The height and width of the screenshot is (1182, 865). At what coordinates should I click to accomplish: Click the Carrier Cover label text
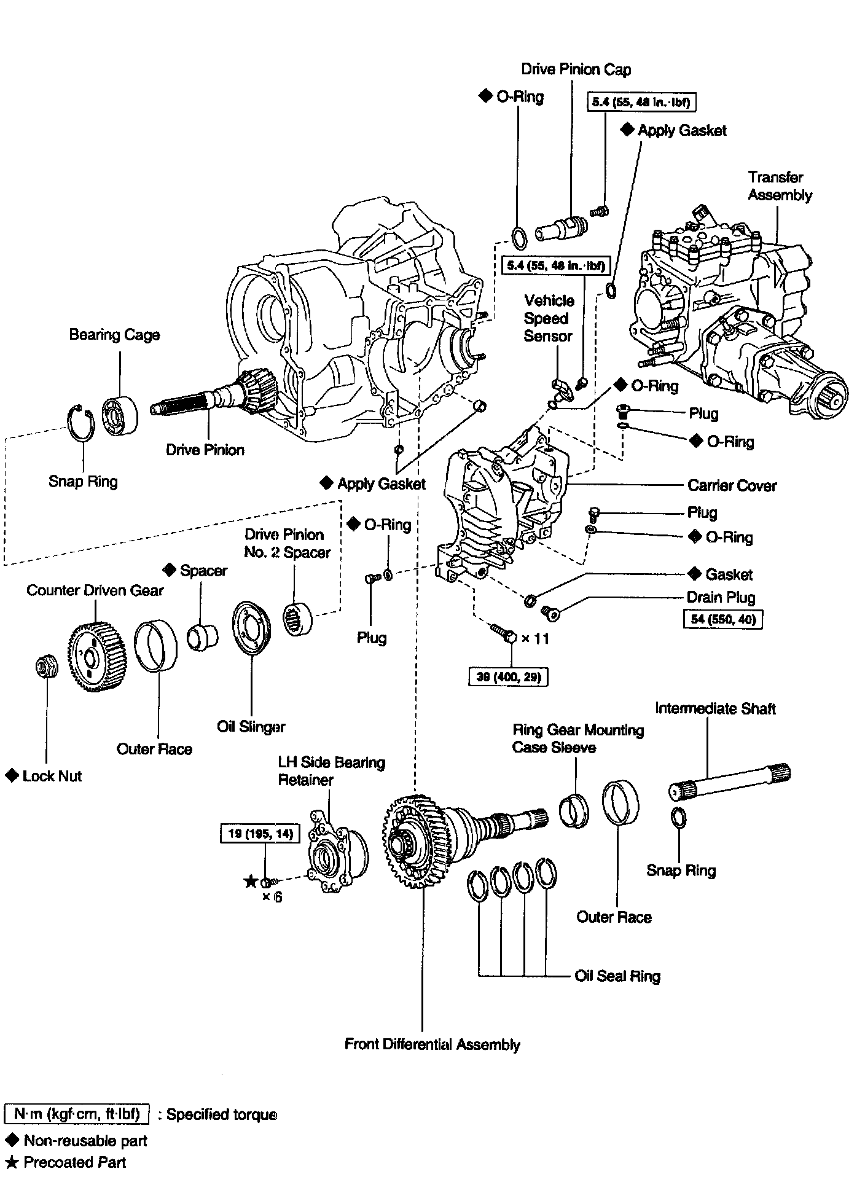(x=732, y=485)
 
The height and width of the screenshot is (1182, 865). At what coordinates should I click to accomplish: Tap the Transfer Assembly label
(x=780, y=186)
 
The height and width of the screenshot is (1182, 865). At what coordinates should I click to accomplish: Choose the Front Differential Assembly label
(x=432, y=1044)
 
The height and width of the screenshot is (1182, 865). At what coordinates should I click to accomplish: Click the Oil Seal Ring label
(x=617, y=976)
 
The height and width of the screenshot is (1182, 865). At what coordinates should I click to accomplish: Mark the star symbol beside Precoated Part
(x=11, y=1162)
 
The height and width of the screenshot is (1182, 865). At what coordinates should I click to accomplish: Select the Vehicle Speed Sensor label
(x=548, y=318)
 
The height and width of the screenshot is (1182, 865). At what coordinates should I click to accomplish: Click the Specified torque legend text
(x=221, y=1114)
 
